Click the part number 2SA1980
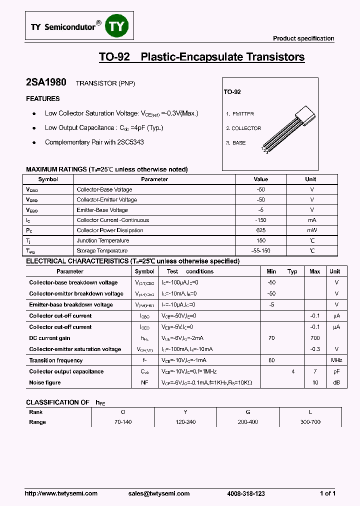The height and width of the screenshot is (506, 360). click(46, 82)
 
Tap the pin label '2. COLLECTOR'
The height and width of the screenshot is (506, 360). click(243, 128)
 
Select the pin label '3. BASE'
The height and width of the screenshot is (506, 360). click(236, 143)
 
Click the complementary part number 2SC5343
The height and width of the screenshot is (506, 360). click(130, 142)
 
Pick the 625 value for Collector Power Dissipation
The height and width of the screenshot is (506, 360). click(260, 230)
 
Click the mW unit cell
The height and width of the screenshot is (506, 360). click(311, 230)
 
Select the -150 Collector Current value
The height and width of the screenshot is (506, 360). click(260, 220)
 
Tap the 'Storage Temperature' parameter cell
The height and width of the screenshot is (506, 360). click(102, 251)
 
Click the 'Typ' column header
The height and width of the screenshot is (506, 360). click(292, 271)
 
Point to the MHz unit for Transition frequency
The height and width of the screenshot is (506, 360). click(336, 360)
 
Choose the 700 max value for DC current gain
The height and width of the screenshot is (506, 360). click(315, 338)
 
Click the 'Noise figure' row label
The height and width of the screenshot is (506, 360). click(45, 382)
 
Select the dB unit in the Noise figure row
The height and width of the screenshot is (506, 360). click(336, 383)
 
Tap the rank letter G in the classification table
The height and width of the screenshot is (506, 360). click(247, 412)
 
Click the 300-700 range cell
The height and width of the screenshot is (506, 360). click(310, 422)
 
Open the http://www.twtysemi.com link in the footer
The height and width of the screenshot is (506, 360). click(61, 493)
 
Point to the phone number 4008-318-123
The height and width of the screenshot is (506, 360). click(246, 493)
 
